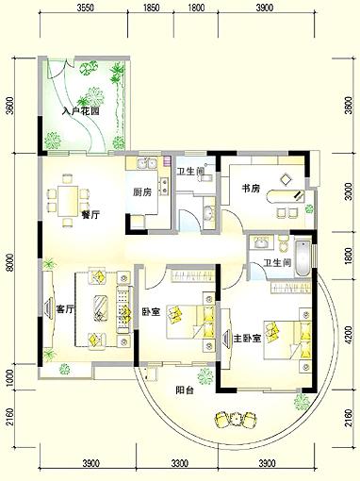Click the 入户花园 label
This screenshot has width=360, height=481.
(81, 111)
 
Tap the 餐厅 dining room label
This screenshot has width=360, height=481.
(90, 215)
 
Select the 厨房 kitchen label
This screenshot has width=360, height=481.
(142, 192)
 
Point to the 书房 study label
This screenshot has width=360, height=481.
(251, 189)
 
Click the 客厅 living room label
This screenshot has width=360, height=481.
(65, 309)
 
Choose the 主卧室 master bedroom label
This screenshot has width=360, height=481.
(248, 338)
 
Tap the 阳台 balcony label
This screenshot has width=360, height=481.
(185, 390)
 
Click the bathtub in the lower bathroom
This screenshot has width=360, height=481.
(303, 258)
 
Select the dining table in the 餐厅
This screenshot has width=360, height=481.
(68, 201)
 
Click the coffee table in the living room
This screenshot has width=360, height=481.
(101, 307)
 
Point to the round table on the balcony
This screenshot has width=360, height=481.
(236, 418)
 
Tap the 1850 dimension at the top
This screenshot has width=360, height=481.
(151, 8)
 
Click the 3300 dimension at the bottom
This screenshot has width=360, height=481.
(180, 463)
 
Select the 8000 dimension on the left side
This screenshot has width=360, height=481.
(10, 262)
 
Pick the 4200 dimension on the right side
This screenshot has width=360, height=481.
(348, 334)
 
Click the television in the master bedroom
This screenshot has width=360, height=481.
(226, 340)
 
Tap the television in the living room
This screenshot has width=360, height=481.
(49, 307)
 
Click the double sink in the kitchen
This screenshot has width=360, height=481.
(146, 163)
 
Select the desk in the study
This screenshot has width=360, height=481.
(286, 197)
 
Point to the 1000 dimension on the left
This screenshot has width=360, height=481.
(10, 377)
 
